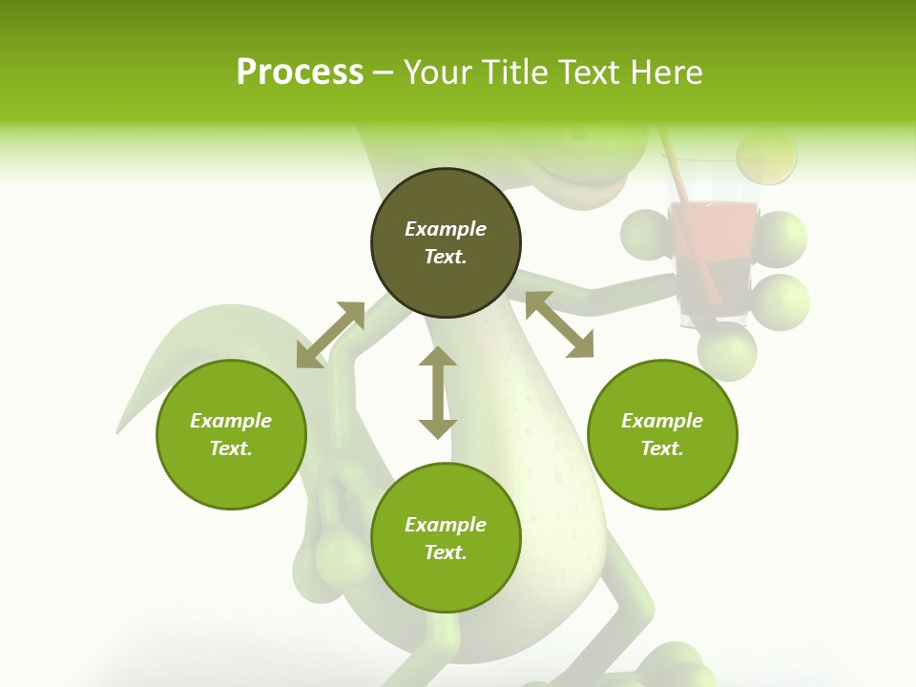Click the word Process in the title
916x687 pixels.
[x=300, y=73]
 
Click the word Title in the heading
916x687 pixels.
[x=513, y=73]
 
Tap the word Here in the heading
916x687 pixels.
[x=668, y=73]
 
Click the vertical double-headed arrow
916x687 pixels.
[x=438, y=393]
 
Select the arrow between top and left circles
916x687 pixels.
[x=330, y=335]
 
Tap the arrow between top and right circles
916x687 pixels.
[x=559, y=324]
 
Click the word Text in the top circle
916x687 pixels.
[x=446, y=257]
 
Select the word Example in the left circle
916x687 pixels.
[x=231, y=421]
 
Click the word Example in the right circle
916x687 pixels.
[x=662, y=421]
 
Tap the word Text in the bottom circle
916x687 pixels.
[x=446, y=552]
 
